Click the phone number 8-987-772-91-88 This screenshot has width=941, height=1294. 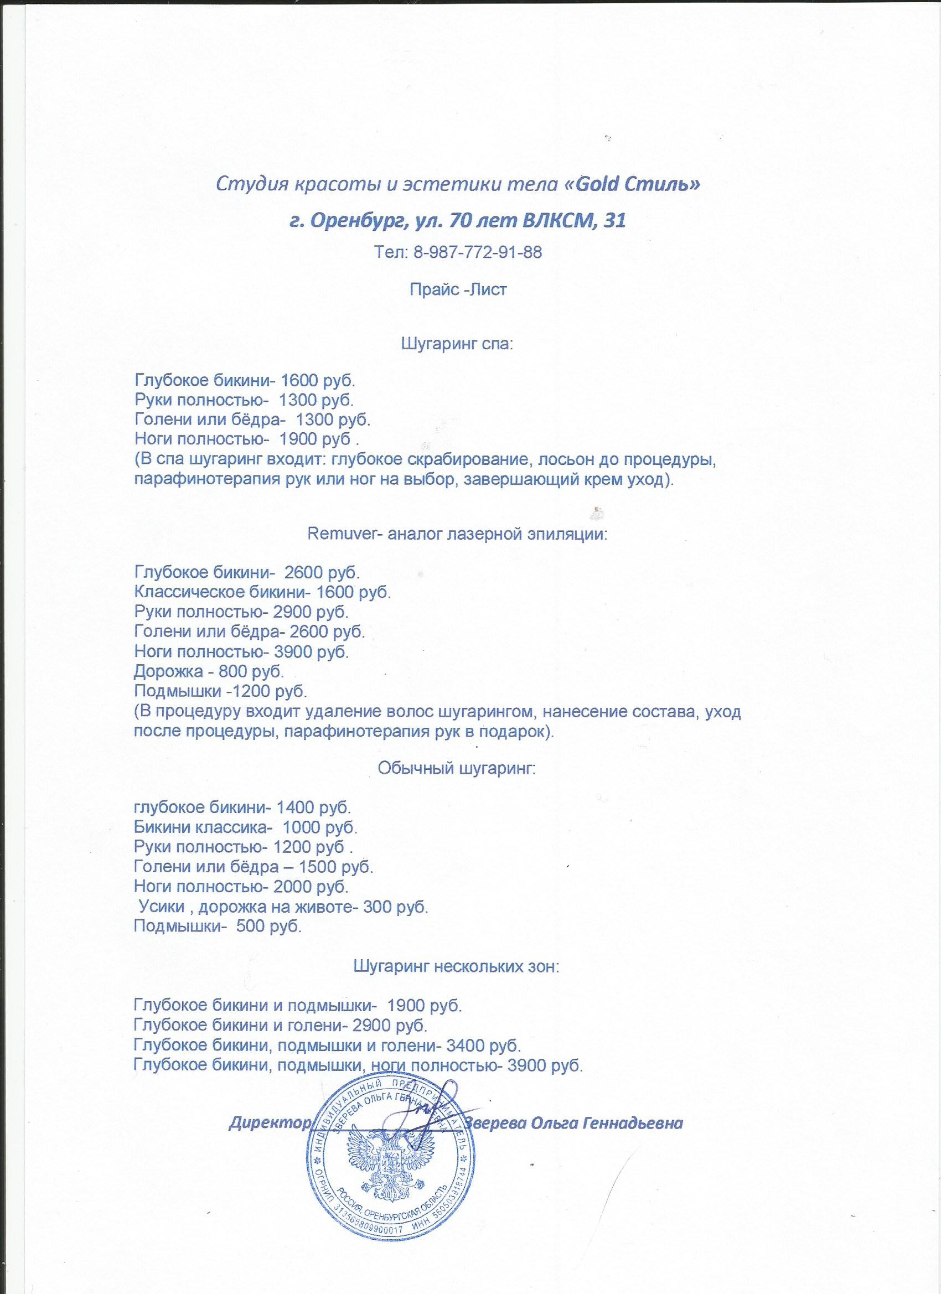475,252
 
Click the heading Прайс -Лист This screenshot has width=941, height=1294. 458,289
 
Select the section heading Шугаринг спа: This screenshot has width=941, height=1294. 458,345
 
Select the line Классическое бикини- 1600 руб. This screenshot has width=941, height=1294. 262,591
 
